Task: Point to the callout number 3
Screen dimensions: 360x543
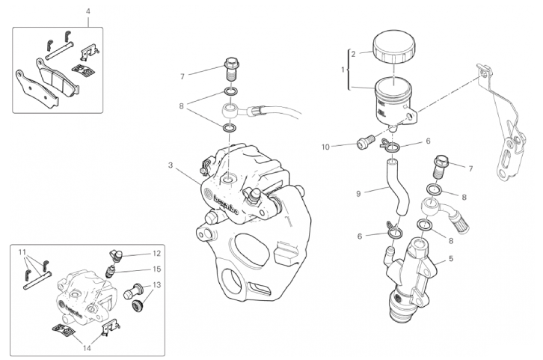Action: pyautogui.click(x=171, y=165)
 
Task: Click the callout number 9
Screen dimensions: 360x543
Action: pyautogui.click(x=358, y=193)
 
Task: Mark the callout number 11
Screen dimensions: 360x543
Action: pyautogui.click(x=22, y=251)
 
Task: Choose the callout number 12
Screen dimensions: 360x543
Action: pyautogui.click(x=157, y=254)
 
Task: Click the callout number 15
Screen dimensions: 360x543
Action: pyautogui.click(x=157, y=269)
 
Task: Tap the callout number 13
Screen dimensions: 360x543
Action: pyautogui.click(x=156, y=284)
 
